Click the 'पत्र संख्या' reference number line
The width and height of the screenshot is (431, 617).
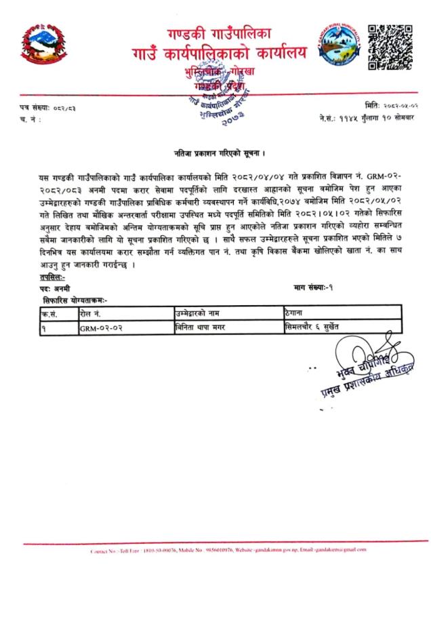[x=48, y=108]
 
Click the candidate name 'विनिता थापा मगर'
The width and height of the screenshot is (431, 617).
[x=201, y=327]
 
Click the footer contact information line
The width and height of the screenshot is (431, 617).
[x=215, y=551]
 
